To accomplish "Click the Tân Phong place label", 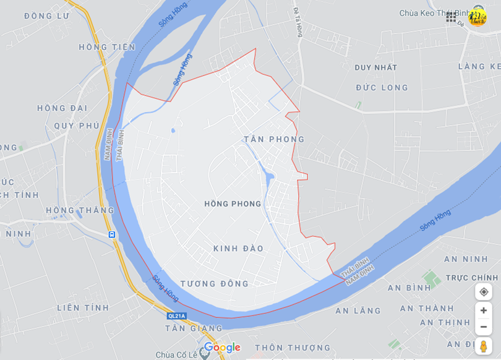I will click(274, 139).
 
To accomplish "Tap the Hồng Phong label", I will click(233, 204).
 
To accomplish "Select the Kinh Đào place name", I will click(238, 249).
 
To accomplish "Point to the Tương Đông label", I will click(215, 284).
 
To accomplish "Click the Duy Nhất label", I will click(376, 67).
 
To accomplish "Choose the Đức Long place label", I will click(382, 88).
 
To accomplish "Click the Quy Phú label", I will click(77, 126).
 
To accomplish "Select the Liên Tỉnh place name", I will click(83, 307).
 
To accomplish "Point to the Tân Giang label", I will click(194, 328).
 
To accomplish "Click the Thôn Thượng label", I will click(293, 348).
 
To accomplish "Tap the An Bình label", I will click(409, 288).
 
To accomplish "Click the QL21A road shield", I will click(176, 315).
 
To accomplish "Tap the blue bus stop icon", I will click(111, 234).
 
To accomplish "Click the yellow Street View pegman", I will click(484, 346).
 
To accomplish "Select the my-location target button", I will click(484, 292).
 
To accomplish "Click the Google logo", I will click(222, 348).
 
